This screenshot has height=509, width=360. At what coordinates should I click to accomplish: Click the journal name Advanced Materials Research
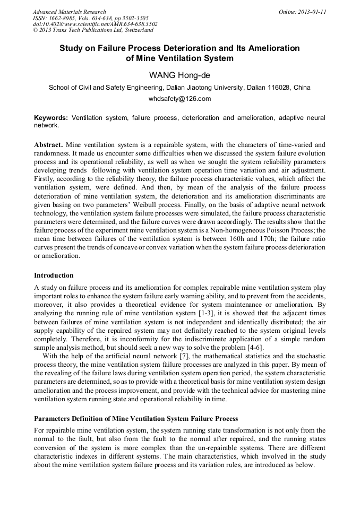pyautogui.click(x=69, y=12)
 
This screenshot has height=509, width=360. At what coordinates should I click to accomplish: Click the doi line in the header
pyautogui.click(x=95, y=24)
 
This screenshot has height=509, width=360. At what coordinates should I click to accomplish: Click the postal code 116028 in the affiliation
pyautogui.click(x=277, y=88)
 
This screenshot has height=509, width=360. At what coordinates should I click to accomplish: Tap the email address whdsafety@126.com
pyautogui.click(x=179, y=99)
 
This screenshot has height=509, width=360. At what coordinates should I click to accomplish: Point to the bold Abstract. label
pyautogui.click(x=49, y=145)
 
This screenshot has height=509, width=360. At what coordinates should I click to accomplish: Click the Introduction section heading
pyautogui.click(x=54, y=275)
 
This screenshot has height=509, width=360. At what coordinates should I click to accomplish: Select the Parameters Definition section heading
pyautogui.click(x=136, y=419)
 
